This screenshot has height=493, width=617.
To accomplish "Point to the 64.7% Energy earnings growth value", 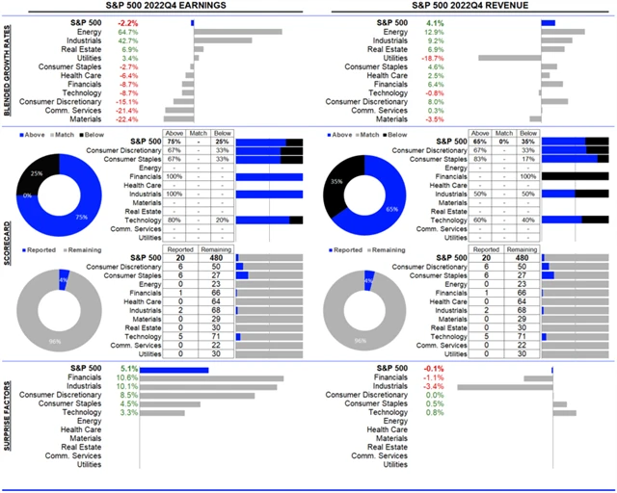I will pos(129,32).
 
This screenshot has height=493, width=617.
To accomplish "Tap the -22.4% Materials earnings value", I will pos(129,118).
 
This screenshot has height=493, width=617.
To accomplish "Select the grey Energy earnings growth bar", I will pos(238,32).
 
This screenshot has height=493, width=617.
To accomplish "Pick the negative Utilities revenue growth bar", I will pos(508,58).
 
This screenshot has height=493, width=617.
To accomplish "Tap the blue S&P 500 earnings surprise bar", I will pos(174,369).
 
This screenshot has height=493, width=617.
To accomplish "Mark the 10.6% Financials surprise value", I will pos(128,378).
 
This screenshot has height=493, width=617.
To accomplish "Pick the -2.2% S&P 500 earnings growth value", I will pos(128,21).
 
